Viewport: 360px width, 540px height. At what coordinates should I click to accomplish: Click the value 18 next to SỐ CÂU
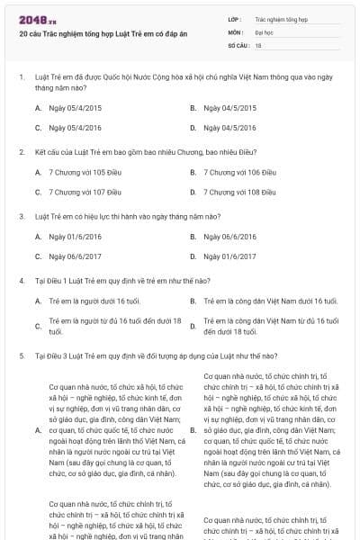(x=258, y=44)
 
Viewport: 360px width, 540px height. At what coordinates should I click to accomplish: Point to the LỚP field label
(x=235, y=18)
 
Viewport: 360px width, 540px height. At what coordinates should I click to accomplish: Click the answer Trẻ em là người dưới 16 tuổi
(x=95, y=301)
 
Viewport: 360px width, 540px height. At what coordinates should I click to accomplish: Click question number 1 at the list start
(x=21, y=77)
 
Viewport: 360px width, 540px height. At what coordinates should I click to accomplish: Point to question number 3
(x=21, y=216)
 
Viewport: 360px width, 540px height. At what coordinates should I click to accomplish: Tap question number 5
(x=21, y=355)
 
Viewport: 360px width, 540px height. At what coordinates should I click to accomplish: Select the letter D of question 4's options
(x=193, y=326)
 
